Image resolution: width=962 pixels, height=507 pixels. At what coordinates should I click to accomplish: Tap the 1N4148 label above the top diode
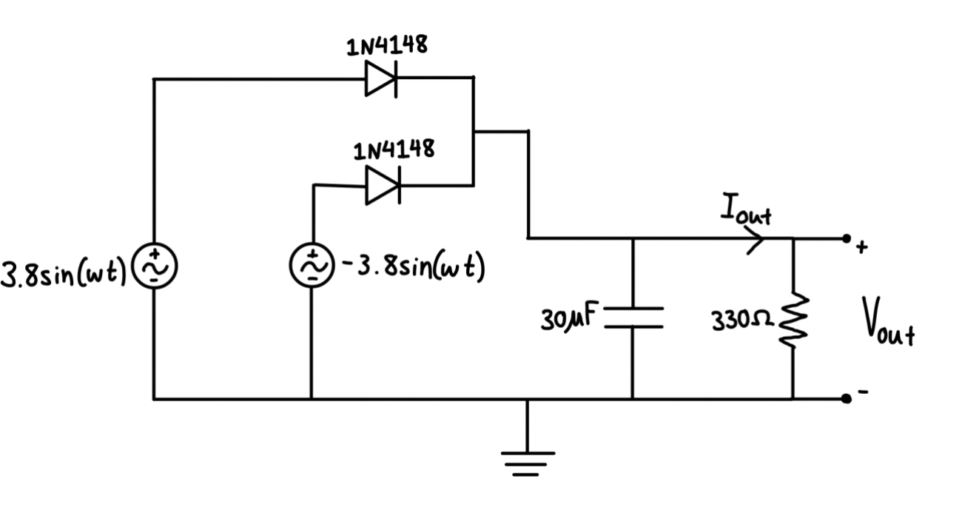(x=386, y=45)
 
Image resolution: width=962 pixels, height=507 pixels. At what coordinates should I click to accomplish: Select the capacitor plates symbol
(x=633, y=316)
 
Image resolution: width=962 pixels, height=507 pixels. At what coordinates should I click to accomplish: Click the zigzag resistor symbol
(x=793, y=319)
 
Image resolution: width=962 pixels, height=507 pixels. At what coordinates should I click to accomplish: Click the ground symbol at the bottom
(x=527, y=459)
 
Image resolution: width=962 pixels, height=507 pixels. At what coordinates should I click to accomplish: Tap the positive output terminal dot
(x=846, y=238)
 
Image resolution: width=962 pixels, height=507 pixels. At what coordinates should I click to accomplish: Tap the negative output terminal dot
(x=846, y=399)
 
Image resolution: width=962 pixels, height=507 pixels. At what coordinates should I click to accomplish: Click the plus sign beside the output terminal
(x=861, y=249)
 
